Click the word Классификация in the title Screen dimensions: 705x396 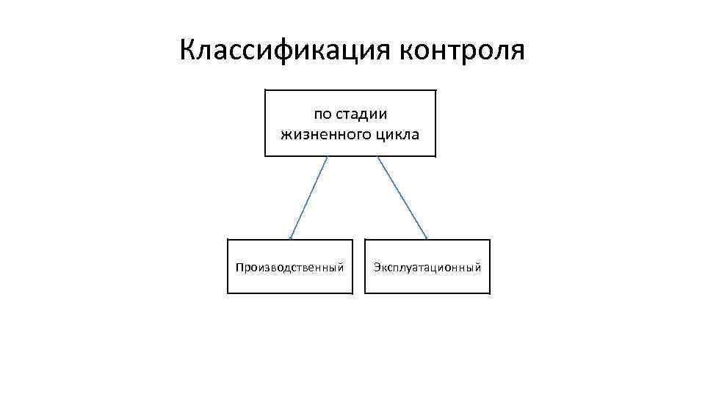(x=286, y=51)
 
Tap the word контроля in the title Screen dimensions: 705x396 (x=463, y=51)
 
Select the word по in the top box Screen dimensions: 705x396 (x=322, y=114)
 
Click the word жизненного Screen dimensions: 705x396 (x=326, y=135)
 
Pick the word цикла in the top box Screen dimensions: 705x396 (x=397, y=135)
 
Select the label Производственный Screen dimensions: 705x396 (x=289, y=267)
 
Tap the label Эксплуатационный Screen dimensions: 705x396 (x=427, y=267)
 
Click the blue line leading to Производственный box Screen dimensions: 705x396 (x=308, y=198)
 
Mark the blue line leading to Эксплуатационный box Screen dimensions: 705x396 (x=402, y=198)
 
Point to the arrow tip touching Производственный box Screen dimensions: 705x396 (x=291, y=238)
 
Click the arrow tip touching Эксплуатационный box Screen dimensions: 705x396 (x=427, y=238)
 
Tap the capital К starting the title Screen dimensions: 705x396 (x=187, y=51)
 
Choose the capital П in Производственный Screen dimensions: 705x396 (x=239, y=267)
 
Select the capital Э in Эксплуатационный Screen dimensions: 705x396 (x=377, y=267)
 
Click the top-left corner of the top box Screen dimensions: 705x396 (x=265, y=90)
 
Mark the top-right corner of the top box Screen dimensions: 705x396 (x=435, y=90)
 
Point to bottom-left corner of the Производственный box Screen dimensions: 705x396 (x=228, y=293)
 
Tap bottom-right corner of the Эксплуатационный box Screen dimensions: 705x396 (x=489, y=293)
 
